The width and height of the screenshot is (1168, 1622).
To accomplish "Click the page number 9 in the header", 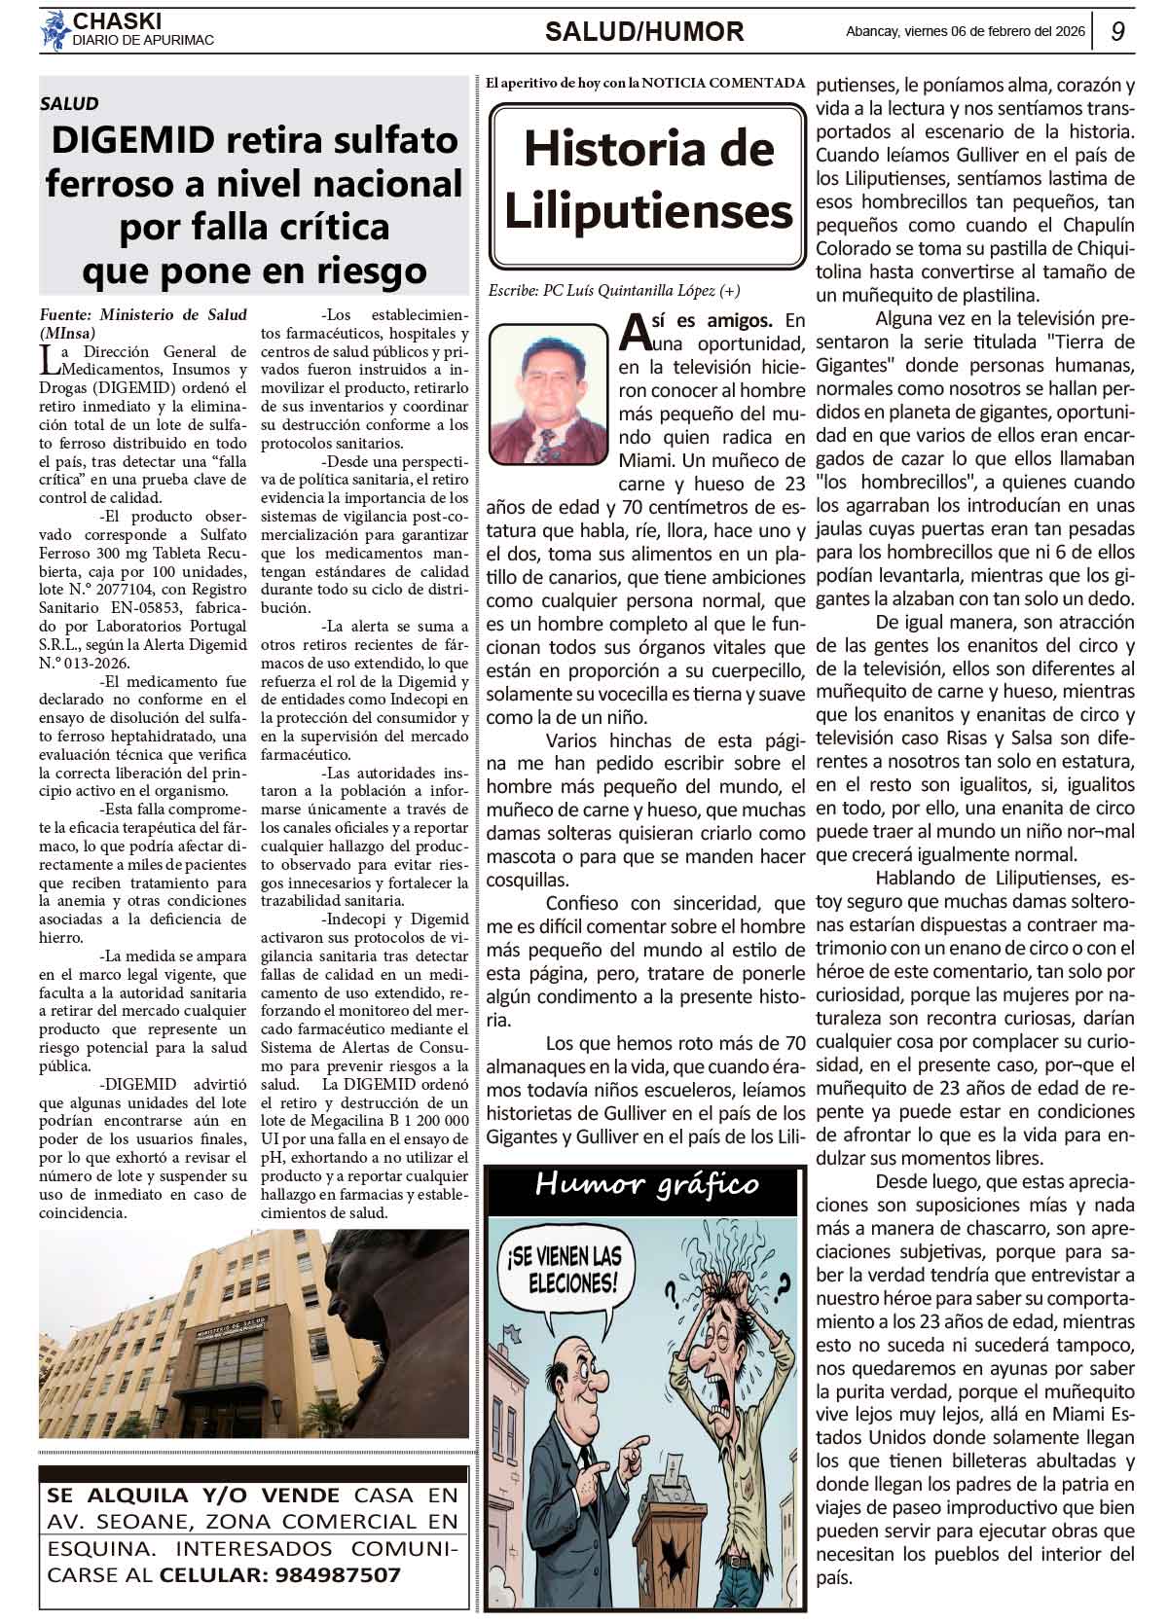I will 1118,31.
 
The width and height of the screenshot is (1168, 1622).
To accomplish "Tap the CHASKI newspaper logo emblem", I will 55,30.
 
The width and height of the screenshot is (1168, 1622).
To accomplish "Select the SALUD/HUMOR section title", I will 643,32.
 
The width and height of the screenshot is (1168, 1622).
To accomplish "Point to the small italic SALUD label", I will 69,103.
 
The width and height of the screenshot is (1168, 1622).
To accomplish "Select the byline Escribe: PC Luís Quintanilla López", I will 621,290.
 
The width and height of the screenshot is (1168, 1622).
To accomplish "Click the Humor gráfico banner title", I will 646,1185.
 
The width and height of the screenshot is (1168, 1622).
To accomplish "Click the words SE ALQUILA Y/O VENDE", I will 193,1496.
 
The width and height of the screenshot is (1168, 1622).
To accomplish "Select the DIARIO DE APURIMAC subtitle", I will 143,41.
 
